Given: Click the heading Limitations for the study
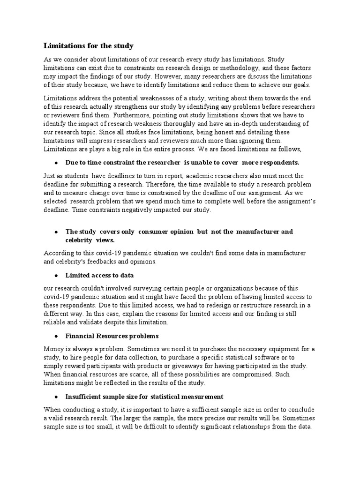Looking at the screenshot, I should coord(89,46).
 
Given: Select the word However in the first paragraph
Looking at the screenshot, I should coord(168,76).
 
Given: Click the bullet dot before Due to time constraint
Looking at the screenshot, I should coord(56,162).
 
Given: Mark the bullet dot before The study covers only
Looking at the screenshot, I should coord(56,232).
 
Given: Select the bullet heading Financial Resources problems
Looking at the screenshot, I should coord(112,336).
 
